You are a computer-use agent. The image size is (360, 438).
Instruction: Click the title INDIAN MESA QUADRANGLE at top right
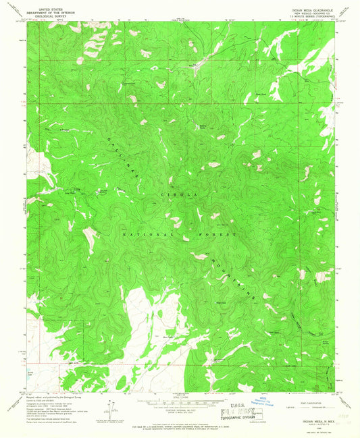(x=311, y=10)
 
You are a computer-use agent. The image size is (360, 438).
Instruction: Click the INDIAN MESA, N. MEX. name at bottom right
(x=310, y=420)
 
